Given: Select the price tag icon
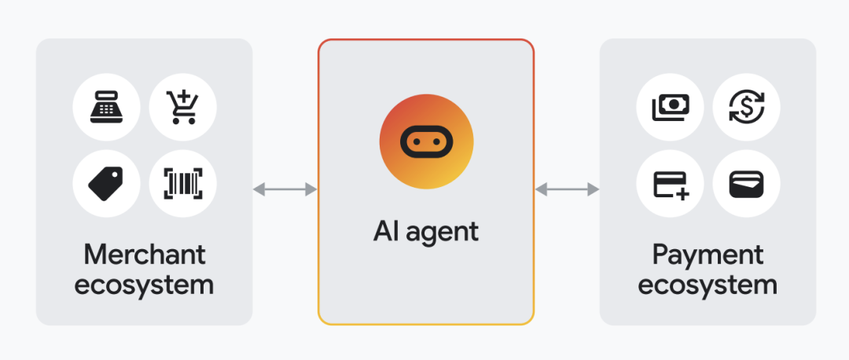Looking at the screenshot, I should pos(107,183).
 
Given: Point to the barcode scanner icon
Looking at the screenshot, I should pos(182,183).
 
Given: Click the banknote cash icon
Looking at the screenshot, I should pos(670,106).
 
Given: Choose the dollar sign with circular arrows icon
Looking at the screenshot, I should pos(746,106).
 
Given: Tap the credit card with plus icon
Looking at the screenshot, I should pos(670,183).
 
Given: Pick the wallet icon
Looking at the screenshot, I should pos(746,183).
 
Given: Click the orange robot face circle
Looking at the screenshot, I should pos(426,141).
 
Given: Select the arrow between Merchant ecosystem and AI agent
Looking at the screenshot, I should pos(285,189).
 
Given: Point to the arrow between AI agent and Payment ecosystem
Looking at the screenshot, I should pos(567,189).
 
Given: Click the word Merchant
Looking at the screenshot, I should pos(145,255).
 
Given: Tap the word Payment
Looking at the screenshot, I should pos(707,255).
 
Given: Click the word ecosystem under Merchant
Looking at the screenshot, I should pos(145,285).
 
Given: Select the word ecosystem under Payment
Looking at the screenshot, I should pos(707,285).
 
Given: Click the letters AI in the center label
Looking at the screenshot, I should pos(387,230).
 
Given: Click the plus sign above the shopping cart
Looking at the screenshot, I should pos(186,97).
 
